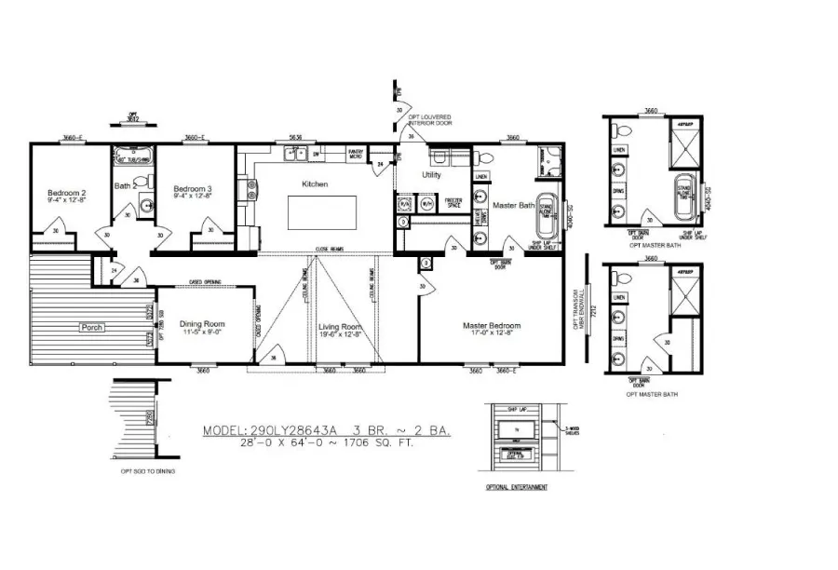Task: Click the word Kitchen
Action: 315,184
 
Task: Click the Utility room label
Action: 431,174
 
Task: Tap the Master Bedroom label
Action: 492,326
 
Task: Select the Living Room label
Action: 340,327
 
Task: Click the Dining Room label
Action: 202,324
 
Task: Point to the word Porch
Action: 91,328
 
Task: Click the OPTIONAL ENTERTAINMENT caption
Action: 517,487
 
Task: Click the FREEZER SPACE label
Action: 453,202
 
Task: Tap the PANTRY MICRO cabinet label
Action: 355,153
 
